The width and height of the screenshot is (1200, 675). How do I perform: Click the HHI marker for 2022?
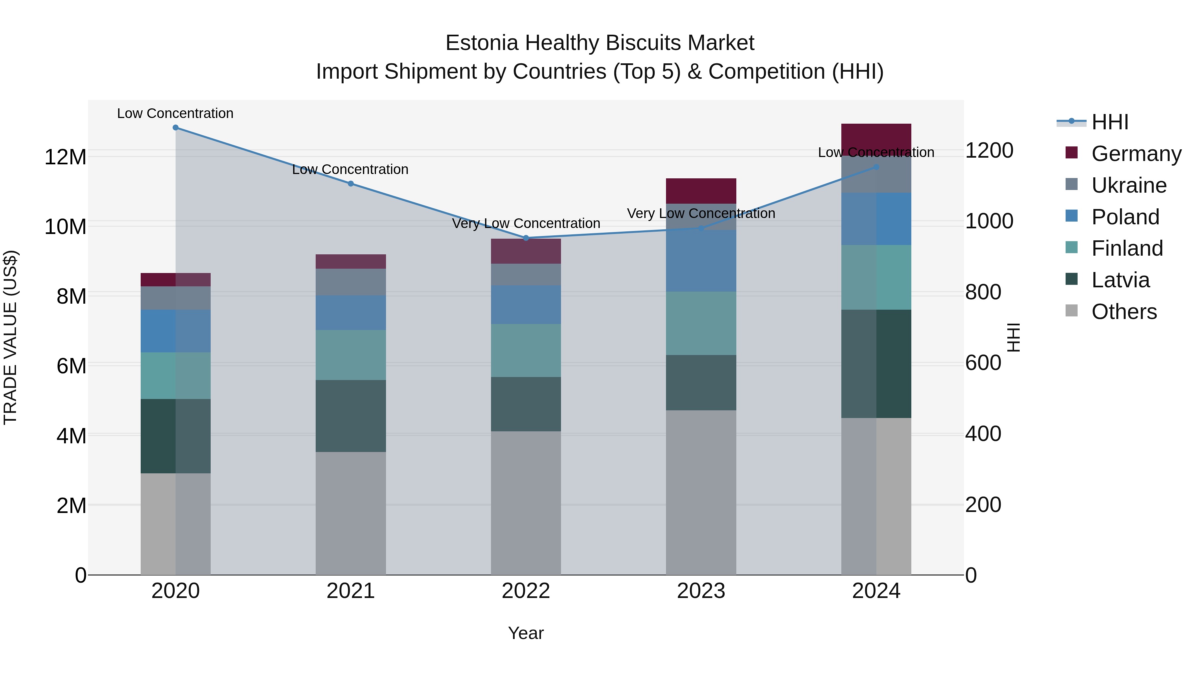tap(526, 238)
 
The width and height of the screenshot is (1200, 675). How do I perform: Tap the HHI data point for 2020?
tap(176, 128)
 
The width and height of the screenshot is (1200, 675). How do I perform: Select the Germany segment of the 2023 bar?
tap(701, 191)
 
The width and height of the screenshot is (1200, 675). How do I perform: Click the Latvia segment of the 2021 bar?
tap(350, 416)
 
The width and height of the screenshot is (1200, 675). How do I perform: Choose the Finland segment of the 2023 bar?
tap(701, 323)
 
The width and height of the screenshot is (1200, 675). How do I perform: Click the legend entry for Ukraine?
tap(1129, 185)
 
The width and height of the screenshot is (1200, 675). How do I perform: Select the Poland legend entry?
tap(1125, 217)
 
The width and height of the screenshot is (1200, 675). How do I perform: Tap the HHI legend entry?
tap(1110, 122)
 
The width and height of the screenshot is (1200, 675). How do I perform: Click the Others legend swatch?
tap(1071, 311)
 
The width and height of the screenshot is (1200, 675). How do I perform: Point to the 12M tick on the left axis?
tap(65, 157)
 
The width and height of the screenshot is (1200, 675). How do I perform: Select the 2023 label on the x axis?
tap(701, 591)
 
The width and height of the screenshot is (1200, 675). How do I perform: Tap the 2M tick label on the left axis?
tap(71, 505)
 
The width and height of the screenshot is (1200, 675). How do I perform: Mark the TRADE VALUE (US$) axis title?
tap(10, 337)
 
